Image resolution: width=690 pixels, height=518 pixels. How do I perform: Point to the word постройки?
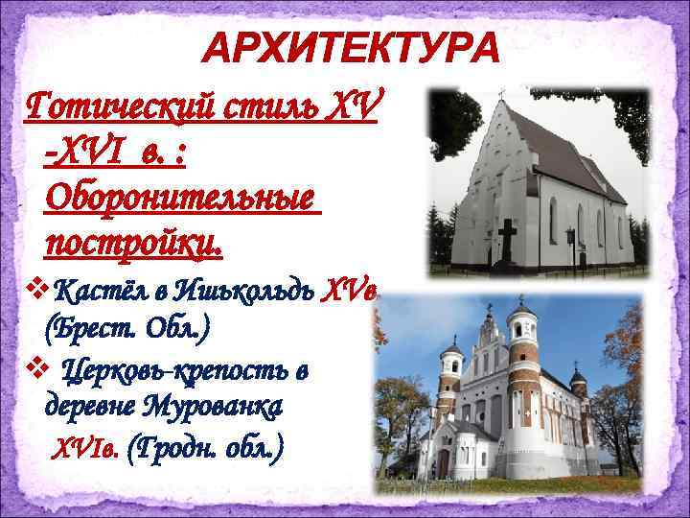133,245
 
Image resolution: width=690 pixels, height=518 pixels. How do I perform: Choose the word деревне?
91,408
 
